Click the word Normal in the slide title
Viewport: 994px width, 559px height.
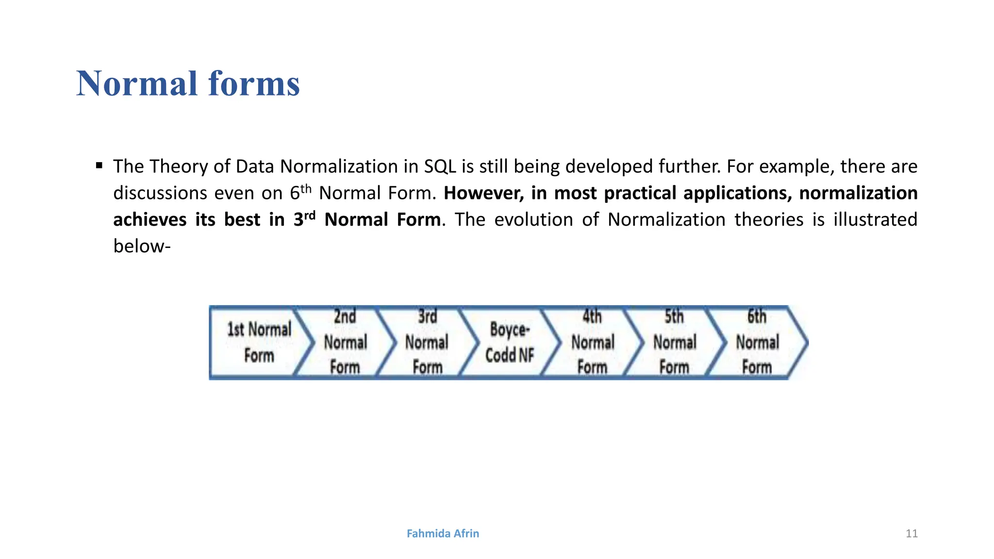pyautogui.click(x=137, y=84)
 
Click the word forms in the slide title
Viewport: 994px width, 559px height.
pyautogui.click(x=254, y=84)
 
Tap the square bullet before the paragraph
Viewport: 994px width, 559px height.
pyautogui.click(x=99, y=166)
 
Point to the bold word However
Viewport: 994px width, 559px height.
pyautogui.click(x=484, y=193)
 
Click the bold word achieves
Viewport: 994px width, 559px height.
pyautogui.click(x=149, y=220)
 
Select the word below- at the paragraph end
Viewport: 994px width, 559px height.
pyautogui.click(x=142, y=246)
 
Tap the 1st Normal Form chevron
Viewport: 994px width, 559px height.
pyautogui.click(x=259, y=343)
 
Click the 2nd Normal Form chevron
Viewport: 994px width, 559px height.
pyautogui.click(x=345, y=343)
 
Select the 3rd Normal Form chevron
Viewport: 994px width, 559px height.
pyautogui.click(x=427, y=343)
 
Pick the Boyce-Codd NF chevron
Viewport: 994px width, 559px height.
pyautogui.click(x=510, y=343)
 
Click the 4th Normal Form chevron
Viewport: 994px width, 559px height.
pyautogui.click(x=592, y=343)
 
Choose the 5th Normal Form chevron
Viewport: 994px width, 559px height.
pyautogui.click(x=675, y=343)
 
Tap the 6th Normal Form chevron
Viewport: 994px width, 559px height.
pyautogui.click(x=757, y=343)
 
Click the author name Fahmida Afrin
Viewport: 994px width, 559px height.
pyautogui.click(x=443, y=533)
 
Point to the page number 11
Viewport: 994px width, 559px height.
pyautogui.click(x=911, y=534)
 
